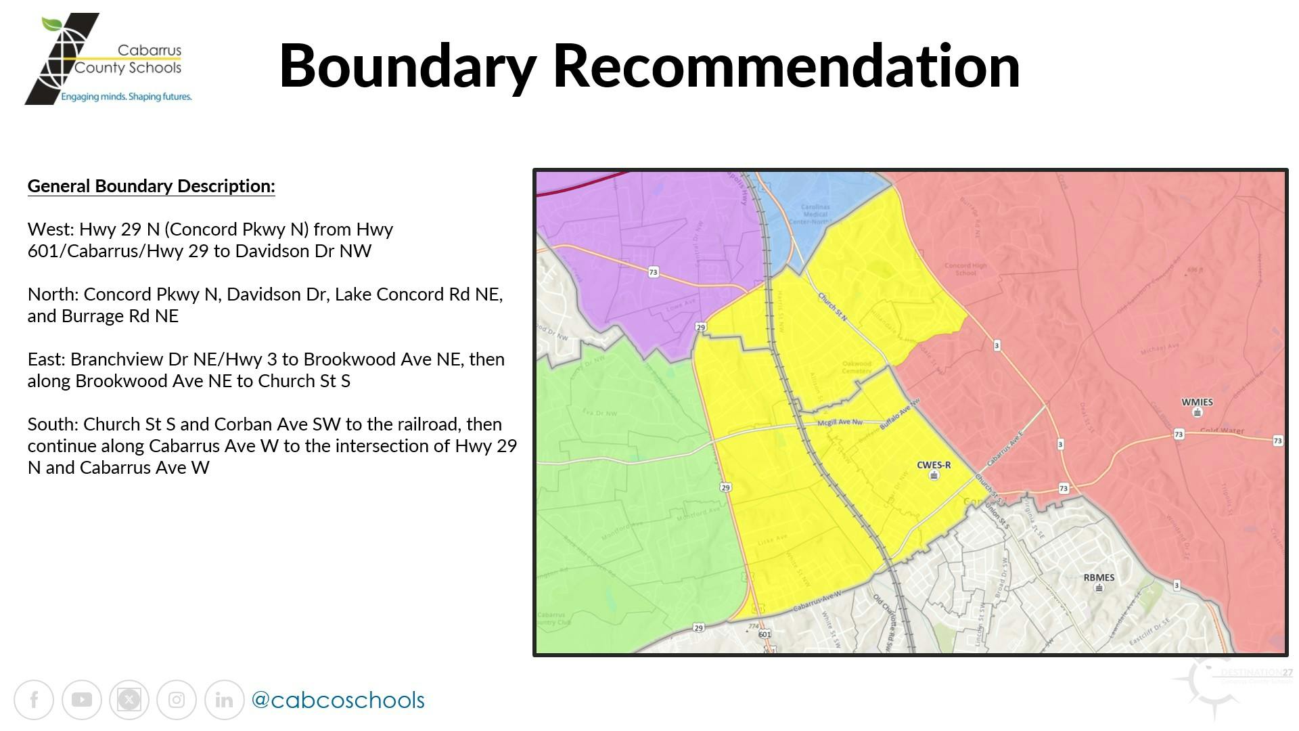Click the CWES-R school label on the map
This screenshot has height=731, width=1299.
934,465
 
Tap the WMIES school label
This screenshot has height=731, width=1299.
1197,402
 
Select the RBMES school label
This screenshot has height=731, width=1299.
1099,577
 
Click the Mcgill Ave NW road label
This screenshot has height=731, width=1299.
840,422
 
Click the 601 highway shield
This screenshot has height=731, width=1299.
765,634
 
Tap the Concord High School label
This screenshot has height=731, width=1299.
965,269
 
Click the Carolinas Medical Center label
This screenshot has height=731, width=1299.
815,214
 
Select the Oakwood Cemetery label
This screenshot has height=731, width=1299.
857,367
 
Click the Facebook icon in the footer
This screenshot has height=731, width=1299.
34,700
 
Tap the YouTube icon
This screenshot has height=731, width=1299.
81,700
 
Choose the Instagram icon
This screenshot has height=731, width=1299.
177,700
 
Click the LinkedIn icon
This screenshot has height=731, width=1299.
224,700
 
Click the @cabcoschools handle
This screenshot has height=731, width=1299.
338,700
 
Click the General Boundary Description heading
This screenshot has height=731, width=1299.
151,186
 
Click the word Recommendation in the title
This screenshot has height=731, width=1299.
786,66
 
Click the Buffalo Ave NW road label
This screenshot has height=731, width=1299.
900,414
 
